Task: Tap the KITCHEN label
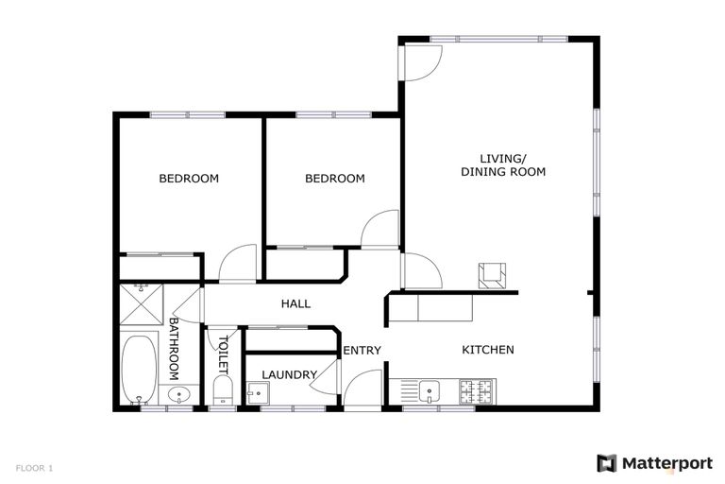pos(487,350)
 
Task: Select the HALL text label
pos(295,303)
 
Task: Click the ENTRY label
pos(362,351)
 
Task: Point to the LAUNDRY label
pos(289,375)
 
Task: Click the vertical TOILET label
pos(224,354)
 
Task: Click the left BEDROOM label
pos(188,179)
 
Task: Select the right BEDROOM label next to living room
pos(334,179)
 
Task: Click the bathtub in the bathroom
pos(140,370)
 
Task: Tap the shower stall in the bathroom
pos(141,306)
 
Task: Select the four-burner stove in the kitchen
pos(478,390)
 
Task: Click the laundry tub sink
pos(256,392)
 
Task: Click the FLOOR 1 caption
pos(34,468)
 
